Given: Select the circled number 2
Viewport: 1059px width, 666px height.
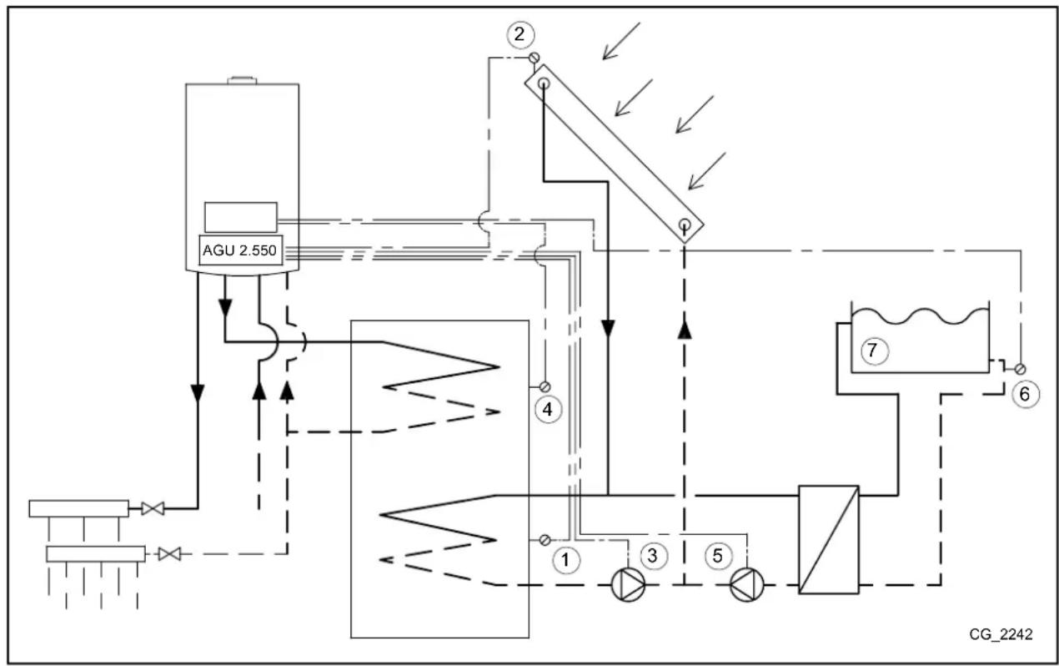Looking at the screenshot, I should click(x=519, y=34).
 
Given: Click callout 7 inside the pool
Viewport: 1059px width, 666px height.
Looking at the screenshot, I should click(x=872, y=351).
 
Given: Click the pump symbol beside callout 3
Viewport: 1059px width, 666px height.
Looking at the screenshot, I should click(x=629, y=585).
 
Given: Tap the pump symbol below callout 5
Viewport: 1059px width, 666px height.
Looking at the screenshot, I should click(x=745, y=585).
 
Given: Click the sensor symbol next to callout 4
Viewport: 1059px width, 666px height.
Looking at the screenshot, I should click(x=545, y=386).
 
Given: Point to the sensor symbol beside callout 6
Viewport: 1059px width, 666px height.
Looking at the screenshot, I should click(x=1020, y=368).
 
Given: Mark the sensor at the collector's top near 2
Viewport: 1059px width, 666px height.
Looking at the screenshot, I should click(x=535, y=58).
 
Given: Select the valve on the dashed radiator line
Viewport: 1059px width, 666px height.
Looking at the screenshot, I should click(x=169, y=552).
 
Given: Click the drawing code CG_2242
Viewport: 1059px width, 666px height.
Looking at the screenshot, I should click(x=1000, y=634).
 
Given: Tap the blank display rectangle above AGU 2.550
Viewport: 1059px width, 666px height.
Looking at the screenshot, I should click(x=241, y=217).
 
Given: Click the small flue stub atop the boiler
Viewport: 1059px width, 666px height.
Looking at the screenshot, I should click(x=241, y=80).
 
